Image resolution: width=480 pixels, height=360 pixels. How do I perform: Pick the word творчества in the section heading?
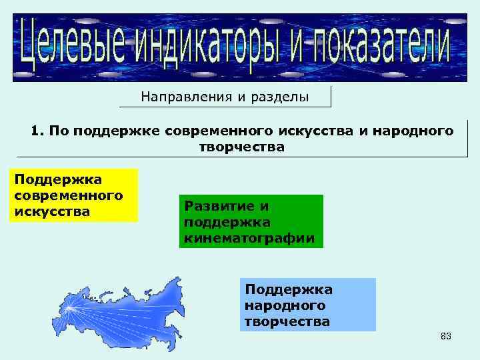point(241,147)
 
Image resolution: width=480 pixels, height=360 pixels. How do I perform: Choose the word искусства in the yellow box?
point(51,212)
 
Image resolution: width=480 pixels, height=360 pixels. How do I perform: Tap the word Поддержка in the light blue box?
point(288,289)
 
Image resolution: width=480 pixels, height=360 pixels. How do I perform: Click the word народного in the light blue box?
point(285,305)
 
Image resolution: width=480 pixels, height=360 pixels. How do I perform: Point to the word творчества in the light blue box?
point(287,321)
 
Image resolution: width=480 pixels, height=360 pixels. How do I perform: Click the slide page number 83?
point(446,337)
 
